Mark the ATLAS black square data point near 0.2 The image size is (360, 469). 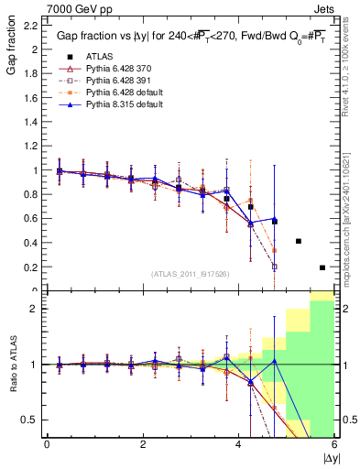pyautogui.click(x=322, y=267)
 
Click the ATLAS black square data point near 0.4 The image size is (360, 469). pyautogui.click(x=299, y=241)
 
